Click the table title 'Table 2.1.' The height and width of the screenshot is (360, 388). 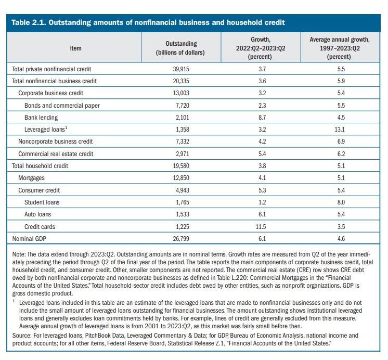pos(29,22)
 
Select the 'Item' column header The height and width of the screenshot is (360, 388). pos(75,48)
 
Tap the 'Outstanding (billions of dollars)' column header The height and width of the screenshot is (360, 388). pos(180,48)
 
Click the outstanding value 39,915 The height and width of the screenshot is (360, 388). pos(181,69)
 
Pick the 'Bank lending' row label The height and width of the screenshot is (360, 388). pos(41,118)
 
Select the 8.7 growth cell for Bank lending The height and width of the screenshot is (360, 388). pos(262,118)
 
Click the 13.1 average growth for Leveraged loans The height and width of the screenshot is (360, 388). pos(340,130)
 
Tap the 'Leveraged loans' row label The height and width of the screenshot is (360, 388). pos(46,129)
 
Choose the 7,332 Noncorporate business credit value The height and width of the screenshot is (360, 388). pos(183,142)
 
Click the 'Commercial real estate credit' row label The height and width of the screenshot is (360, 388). pos(56,154)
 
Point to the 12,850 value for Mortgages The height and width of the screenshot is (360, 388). pos(181,178)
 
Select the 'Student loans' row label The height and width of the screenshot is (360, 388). pos(42,202)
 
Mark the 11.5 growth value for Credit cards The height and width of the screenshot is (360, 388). pos(261,226)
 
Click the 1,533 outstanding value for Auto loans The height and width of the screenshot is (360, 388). pos(183,214)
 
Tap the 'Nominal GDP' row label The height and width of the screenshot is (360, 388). pos(29,238)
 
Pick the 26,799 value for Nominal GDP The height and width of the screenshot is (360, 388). pos(181,239)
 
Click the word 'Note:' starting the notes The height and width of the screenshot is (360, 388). pos(19,254)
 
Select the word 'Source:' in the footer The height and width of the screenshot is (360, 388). pos(22,336)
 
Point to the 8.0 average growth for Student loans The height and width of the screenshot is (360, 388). pos(341,202)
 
